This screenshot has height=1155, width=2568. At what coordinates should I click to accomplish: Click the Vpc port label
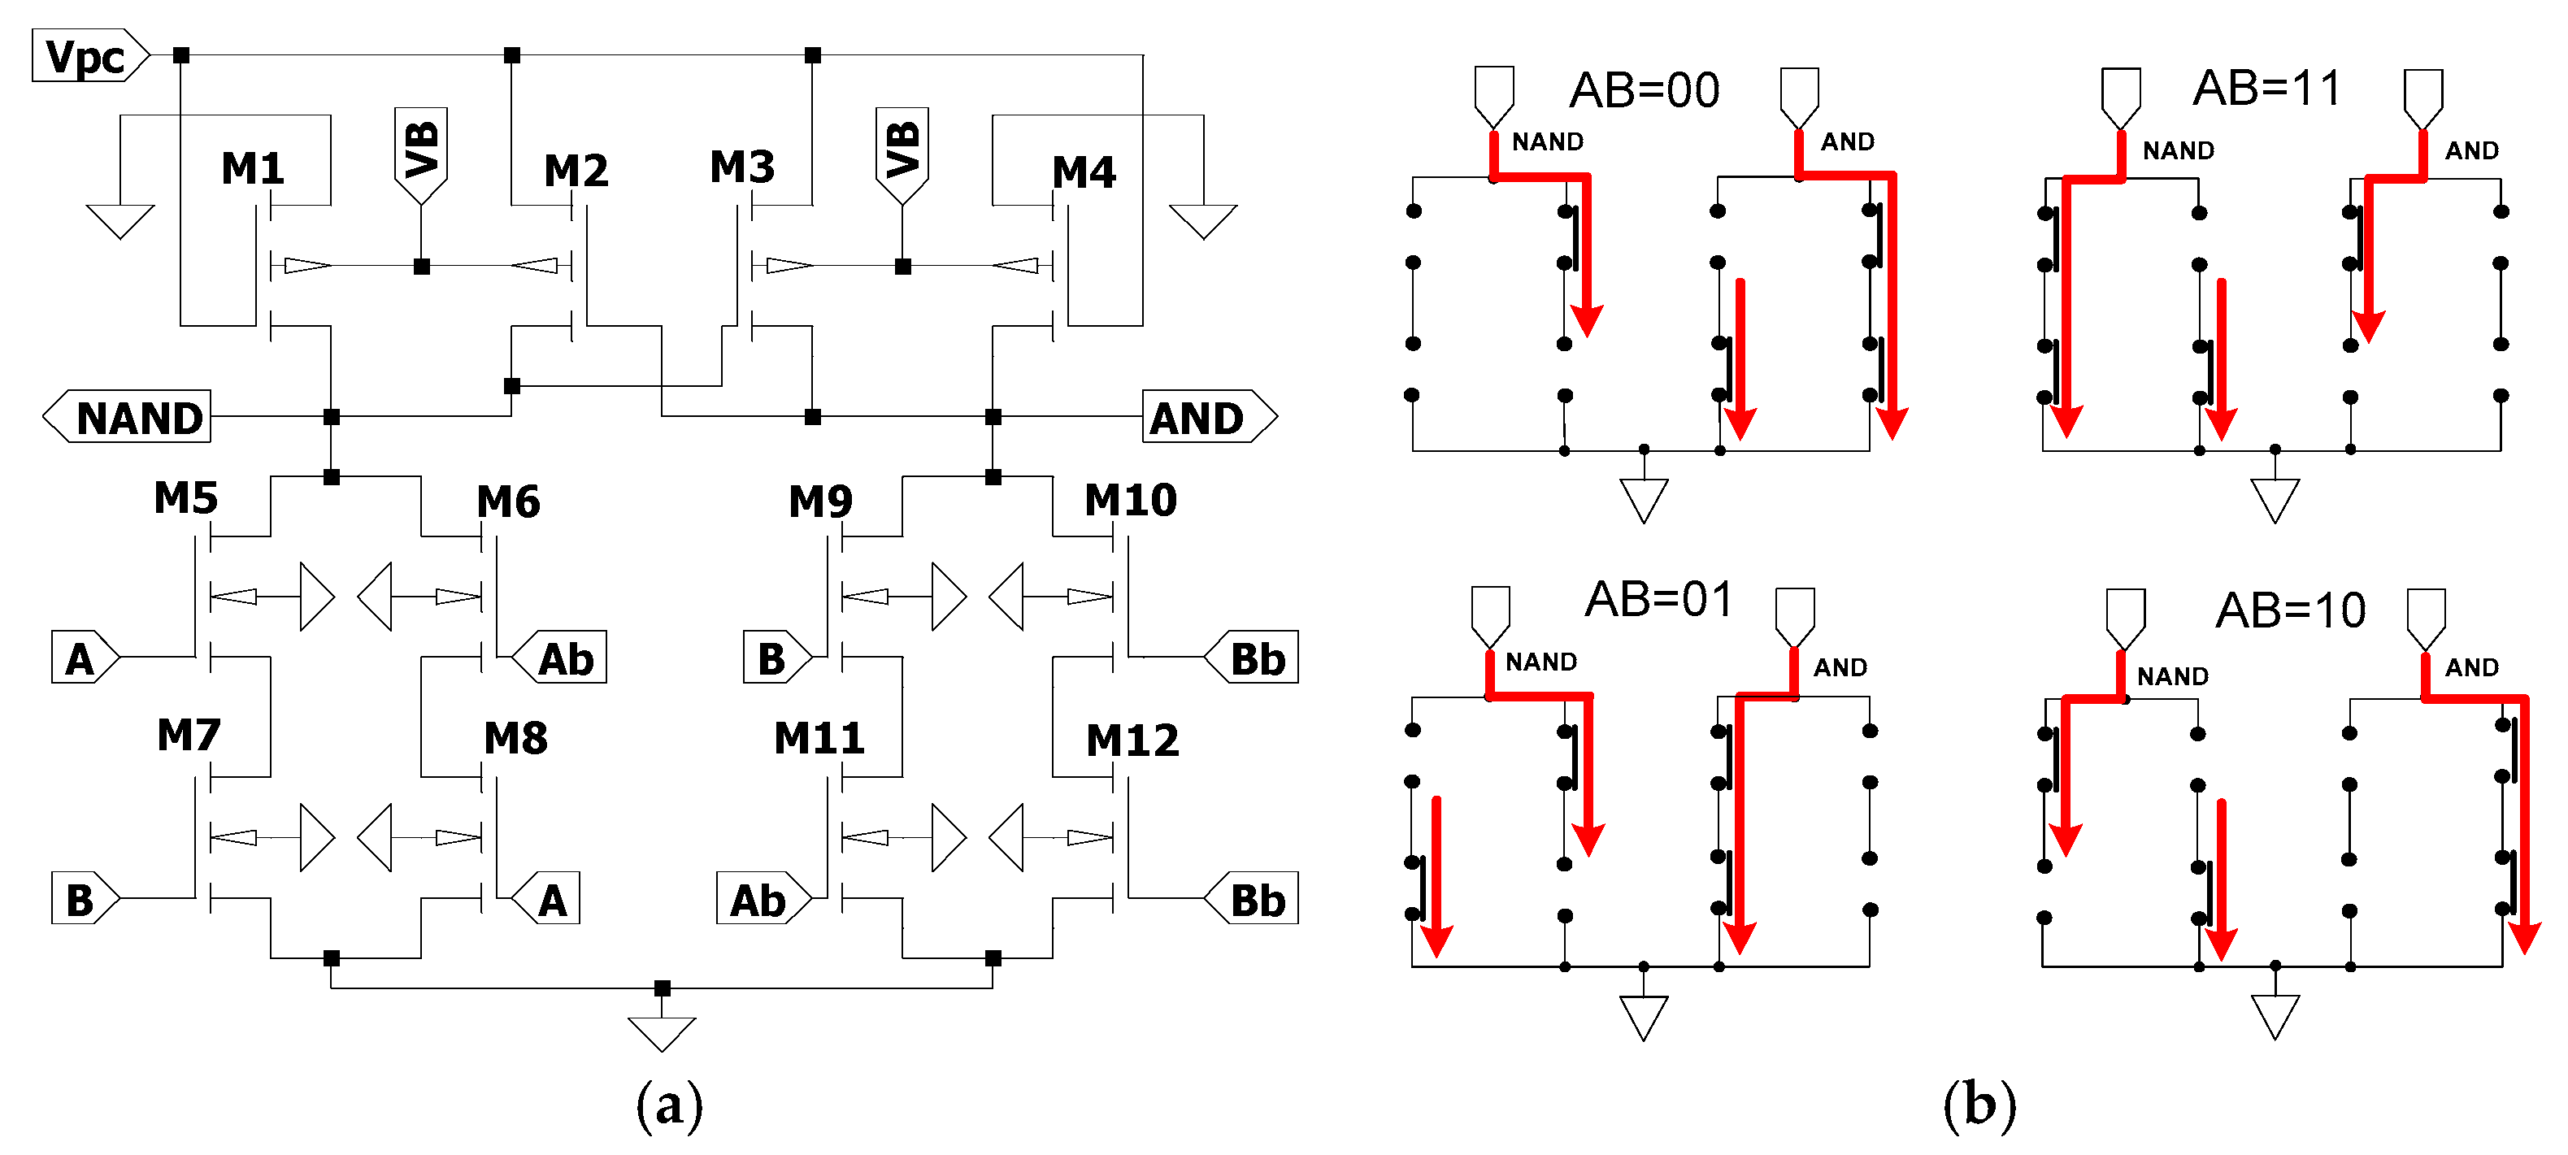87,56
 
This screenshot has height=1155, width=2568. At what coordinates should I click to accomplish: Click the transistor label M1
252,168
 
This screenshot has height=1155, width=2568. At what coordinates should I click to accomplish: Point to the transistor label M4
1084,172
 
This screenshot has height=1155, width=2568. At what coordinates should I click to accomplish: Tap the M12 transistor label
1132,740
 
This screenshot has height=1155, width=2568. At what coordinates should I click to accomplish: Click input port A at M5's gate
84,658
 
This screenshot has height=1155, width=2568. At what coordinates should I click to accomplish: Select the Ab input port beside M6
561,658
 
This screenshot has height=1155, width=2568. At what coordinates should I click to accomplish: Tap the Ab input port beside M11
762,900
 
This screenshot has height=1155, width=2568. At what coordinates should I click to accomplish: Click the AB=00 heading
1644,91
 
